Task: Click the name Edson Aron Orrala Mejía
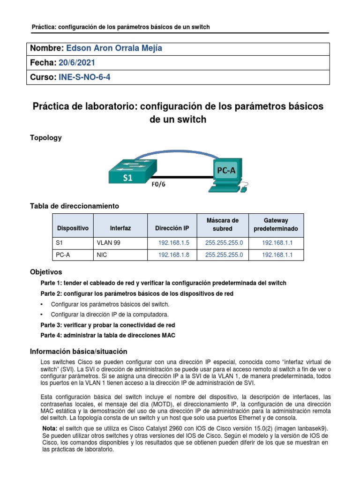[x=115, y=49]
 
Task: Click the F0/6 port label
[x=158, y=184]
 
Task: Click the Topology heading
[x=45, y=138]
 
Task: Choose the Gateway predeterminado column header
[x=276, y=225]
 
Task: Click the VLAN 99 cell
[x=109, y=243]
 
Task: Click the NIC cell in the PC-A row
[x=102, y=255]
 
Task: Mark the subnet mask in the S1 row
[x=224, y=243]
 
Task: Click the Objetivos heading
[x=45, y=272]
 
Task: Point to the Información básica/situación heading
[x=78, y=351]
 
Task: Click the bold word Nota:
[x=50, y=428]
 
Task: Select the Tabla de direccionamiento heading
[x=75, y=206]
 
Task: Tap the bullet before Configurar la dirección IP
[x=43, y=315]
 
